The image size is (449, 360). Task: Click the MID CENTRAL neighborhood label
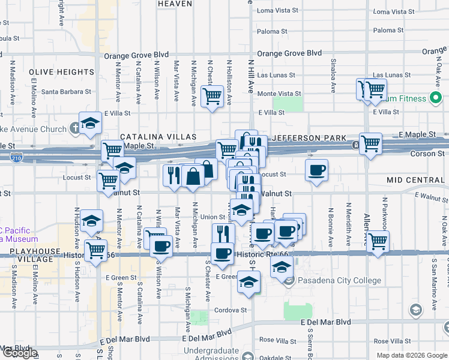(x=415, y=180)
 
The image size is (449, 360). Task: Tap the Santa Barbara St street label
(x=66, y=92)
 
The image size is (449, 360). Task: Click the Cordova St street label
(x=231, y=310)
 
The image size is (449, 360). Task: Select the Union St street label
(x=212, y=217)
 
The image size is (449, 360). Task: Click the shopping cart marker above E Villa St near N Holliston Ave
(x=212, y=95)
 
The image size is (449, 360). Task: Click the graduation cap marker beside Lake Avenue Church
(x=90, y=122)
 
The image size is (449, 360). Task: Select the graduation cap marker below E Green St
(x=248, y=281)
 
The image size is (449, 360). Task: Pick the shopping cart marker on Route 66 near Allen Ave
(x=378, y=241)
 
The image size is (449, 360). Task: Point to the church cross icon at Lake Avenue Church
(x=74, y=127)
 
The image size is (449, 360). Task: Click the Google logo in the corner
(x=19, y=353)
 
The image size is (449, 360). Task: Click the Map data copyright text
(x=411, y=355)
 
